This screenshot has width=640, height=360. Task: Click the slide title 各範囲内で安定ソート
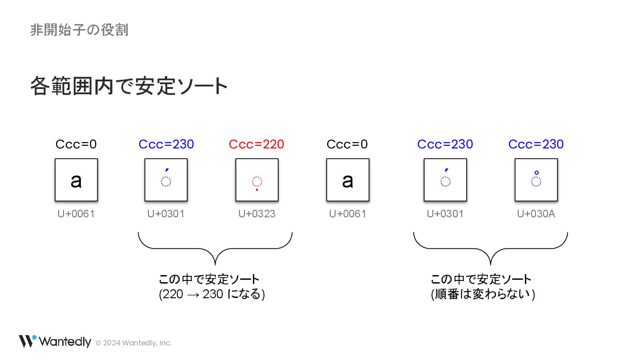[x=129, y=86]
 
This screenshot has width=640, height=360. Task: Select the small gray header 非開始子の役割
[x=79, y=30]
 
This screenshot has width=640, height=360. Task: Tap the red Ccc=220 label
[x=256, y=144]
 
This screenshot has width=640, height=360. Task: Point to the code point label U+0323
[x=256, y=214]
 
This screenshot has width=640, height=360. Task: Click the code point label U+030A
[x=536, y=214]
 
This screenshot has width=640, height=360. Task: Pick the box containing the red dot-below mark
[x=257, y=180]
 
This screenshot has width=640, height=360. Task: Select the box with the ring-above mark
[x=536, y=180]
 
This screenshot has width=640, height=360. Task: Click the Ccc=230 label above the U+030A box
[x=536, y=144]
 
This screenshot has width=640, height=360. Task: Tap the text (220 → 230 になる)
[x=212, y=294]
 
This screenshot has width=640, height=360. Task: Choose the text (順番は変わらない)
[x=483, y=294]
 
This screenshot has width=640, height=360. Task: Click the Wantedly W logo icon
[x=27, y=341]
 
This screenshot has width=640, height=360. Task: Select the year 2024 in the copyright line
[x=112, y=343]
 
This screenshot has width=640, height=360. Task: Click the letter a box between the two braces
[x=348, y=180]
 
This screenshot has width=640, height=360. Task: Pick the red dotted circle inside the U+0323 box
[x=257, y=181]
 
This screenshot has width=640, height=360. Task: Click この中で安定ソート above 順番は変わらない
[x=481, y=280]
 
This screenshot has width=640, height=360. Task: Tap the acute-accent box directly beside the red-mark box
[x=166, y=180]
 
